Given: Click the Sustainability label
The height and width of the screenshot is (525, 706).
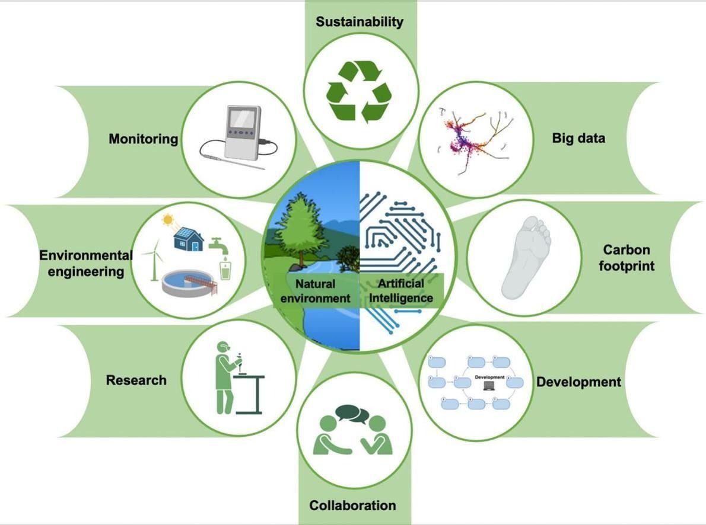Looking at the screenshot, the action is (x=360, y=21).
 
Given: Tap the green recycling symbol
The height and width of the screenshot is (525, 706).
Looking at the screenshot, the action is (x=360, y=92).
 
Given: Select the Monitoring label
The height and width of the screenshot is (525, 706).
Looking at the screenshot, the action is (x=143, y=139).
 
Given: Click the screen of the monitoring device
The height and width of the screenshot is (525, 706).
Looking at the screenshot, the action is (x=243, y=119).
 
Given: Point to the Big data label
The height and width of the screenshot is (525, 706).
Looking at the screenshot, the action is (x=578, y=137).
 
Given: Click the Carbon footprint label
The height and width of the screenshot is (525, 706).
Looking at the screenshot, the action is (x=627, y=258).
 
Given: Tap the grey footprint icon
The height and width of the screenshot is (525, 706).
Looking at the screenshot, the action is (x=526, y=257).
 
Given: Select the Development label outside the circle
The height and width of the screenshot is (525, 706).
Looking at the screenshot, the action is (x=578, y=382).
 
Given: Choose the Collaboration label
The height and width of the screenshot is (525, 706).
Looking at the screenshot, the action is (x=352, y=505).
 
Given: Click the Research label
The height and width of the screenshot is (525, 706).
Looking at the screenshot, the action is (x=136, y=380).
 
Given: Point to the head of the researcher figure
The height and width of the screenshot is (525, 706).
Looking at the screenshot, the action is (x=223, y=347).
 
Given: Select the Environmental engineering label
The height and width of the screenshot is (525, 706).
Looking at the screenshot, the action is (x=86, y=263).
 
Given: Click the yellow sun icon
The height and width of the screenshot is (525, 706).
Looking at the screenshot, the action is (x=168, y=220).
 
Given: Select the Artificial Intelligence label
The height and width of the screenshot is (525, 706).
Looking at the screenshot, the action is (x=400, y=290).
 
